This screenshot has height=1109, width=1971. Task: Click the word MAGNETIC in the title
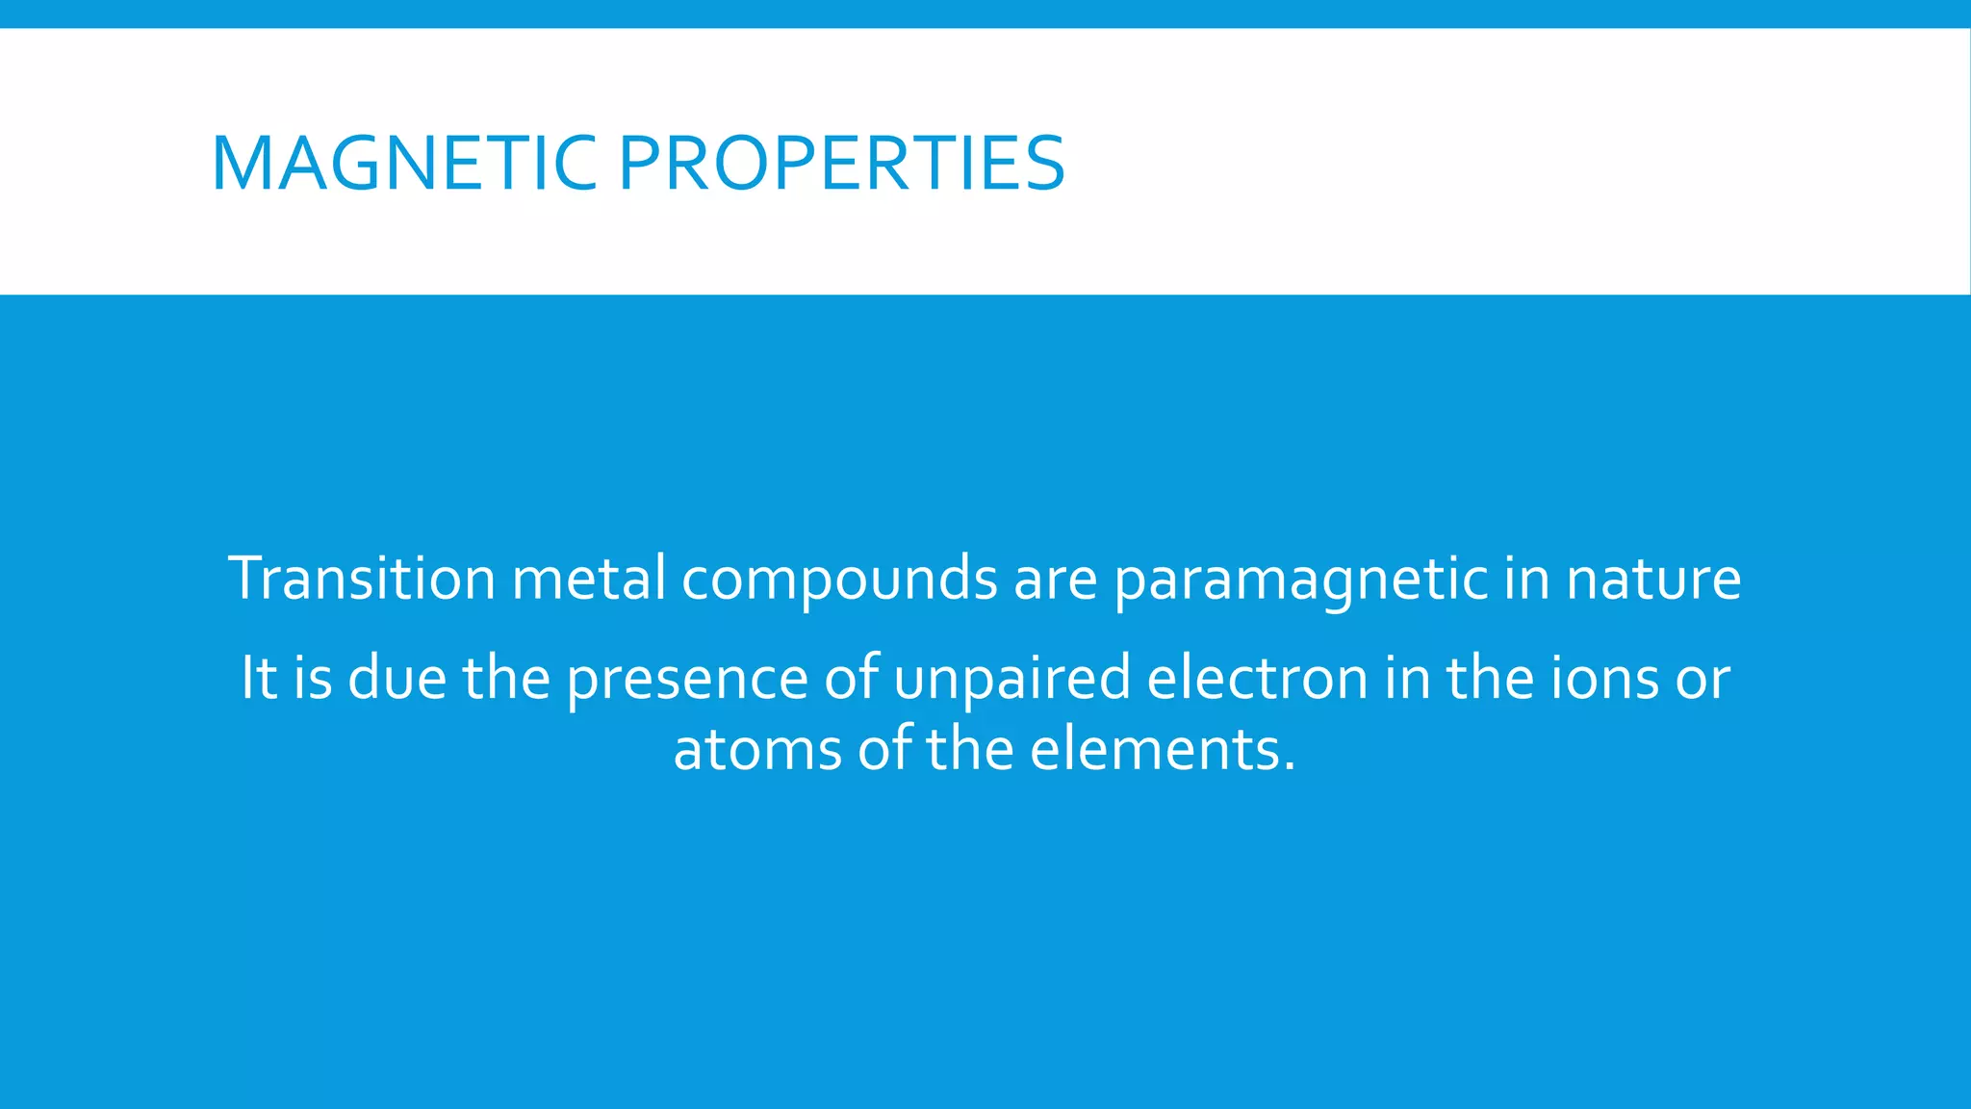404,164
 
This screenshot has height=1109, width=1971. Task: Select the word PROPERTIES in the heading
841,164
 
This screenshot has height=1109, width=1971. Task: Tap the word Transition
362,579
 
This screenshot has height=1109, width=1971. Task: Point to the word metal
589,579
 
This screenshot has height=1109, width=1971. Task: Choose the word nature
1653,579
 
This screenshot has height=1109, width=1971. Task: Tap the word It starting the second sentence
259,677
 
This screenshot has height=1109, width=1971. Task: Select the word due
397,677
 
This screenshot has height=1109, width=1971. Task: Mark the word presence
687,679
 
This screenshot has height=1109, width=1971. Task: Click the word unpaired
1011,679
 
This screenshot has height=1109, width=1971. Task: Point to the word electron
1257,677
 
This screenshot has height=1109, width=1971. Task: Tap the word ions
1605,677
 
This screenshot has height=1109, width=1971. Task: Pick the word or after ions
1703,679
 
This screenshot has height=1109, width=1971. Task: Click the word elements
1155,750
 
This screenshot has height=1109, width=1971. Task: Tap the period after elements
1290,768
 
